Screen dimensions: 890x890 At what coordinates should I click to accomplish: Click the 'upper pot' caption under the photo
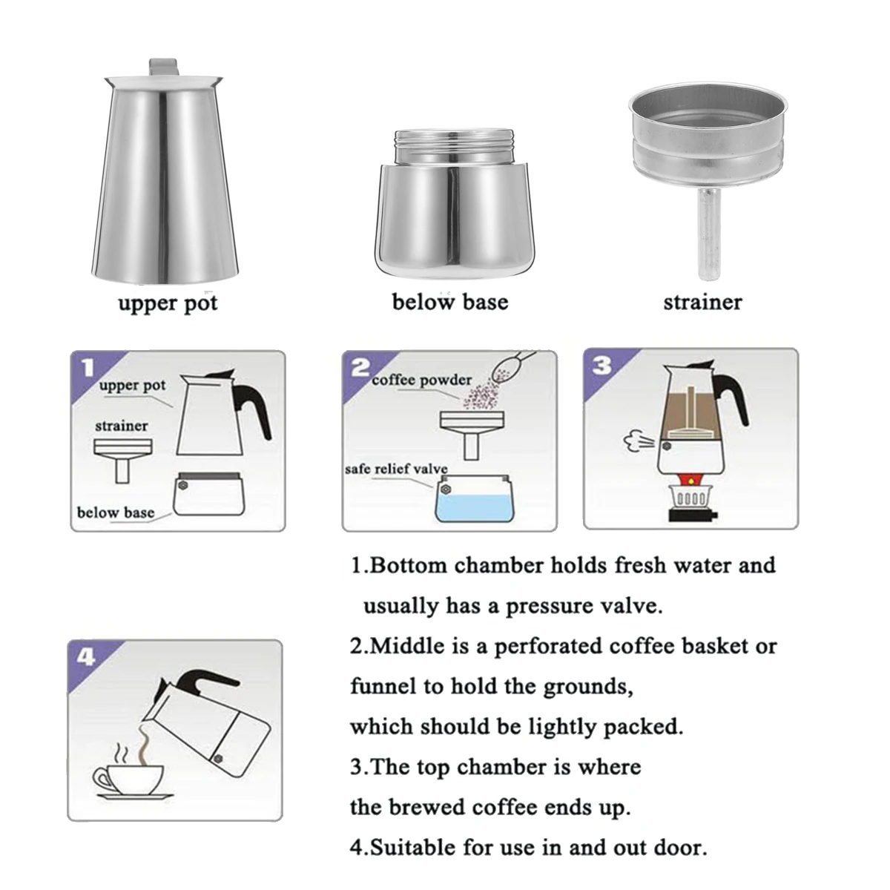(168, 303)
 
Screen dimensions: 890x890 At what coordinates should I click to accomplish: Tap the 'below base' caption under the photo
(449, 302)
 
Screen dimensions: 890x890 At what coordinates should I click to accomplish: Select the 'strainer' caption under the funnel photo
(702, 302)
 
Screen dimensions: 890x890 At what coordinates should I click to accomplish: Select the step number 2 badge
(360, 367)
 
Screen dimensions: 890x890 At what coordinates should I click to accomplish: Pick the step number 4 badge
(86, 656)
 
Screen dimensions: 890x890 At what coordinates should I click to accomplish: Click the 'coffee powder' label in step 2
(421, 380)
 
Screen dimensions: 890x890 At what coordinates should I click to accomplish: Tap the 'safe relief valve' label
(396, 469)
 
